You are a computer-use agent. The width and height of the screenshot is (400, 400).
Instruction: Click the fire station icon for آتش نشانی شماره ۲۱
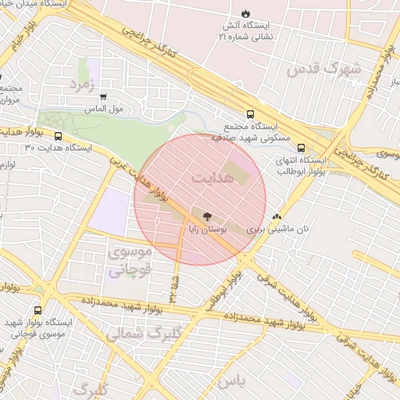[x=246, y=14]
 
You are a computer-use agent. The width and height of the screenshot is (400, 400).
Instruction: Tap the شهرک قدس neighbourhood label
[x=323, y=70]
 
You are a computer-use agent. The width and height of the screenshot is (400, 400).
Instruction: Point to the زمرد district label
[x=82, y=84]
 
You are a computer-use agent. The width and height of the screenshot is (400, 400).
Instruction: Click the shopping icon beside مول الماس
[x=103, y=96]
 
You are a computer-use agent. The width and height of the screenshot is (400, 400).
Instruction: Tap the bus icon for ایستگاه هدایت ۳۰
[x=58, y=136]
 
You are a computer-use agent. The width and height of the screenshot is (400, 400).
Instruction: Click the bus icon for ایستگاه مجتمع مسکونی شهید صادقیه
[x=250, y=114]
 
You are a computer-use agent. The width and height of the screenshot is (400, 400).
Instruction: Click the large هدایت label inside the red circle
[x=212, y=179]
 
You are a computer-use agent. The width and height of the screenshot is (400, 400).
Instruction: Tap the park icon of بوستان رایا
[x=207, y=216]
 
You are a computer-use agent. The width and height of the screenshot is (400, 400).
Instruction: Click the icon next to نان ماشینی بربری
[x=276, y=217]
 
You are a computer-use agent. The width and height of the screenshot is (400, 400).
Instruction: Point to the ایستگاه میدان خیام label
[x=36, y=5]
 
